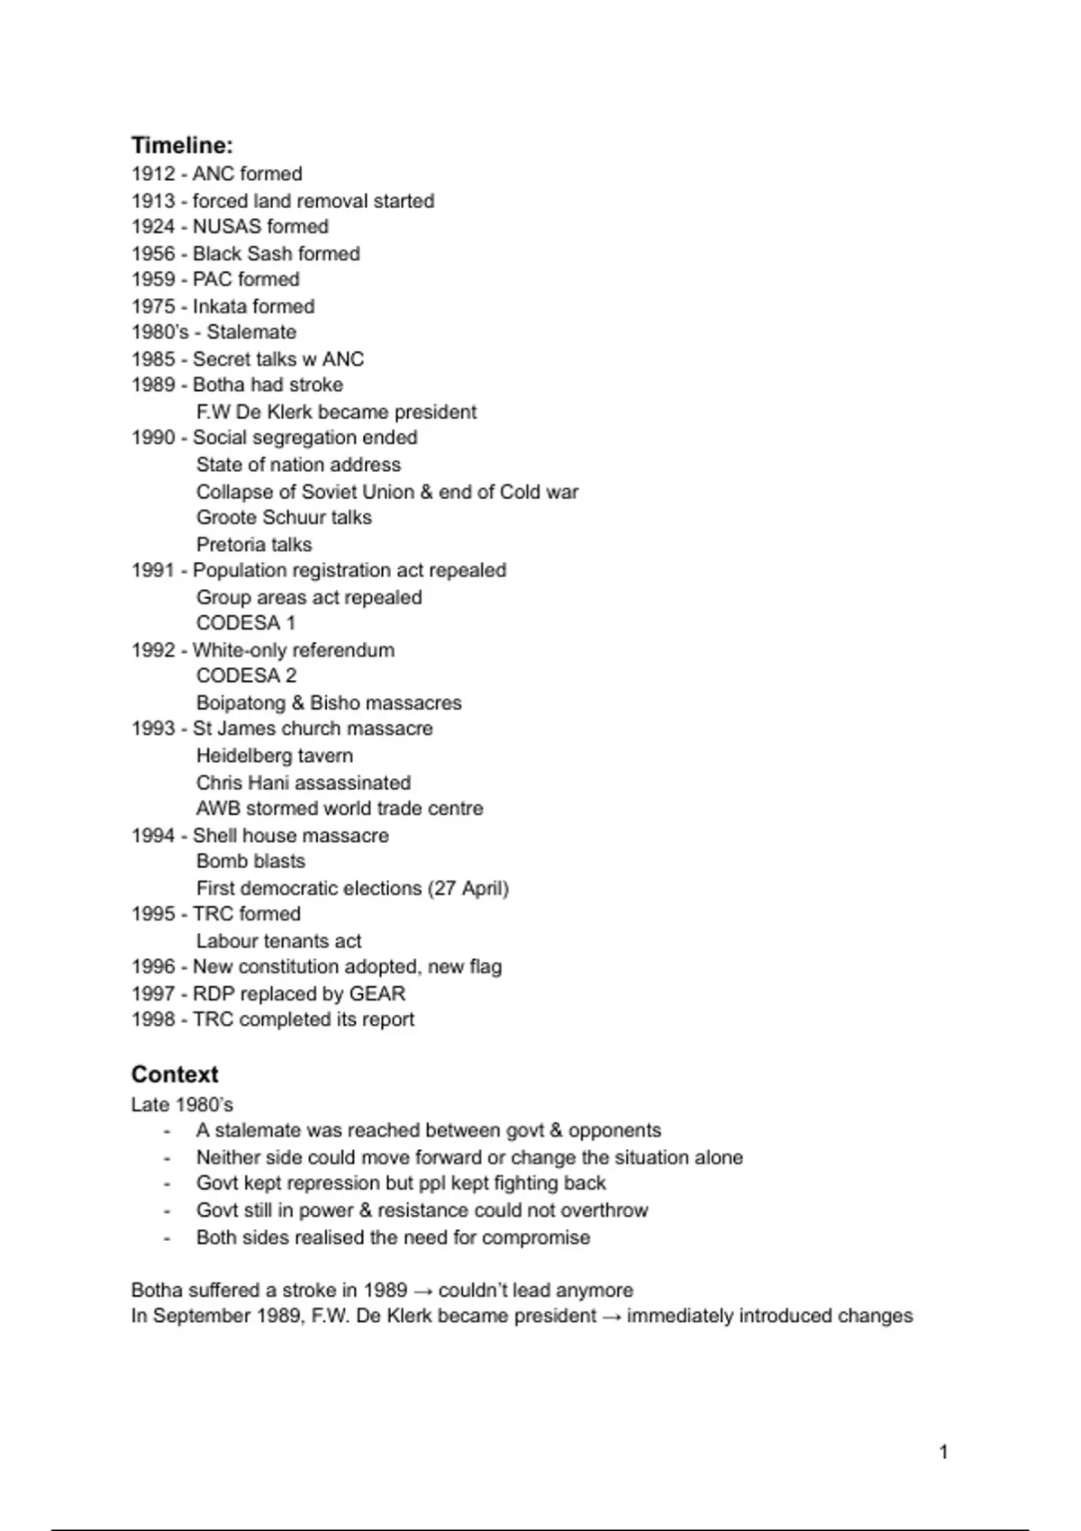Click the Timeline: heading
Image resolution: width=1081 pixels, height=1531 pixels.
(x=182, y=145)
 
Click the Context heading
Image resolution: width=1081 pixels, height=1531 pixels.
(x=175, y=1074)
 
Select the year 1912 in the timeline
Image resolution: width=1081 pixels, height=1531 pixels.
(x=152, y=174)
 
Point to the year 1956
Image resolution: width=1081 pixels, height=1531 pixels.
(x=152, y=254)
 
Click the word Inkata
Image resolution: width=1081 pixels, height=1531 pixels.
(x=220, y=306)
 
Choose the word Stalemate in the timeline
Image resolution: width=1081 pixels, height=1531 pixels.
(x=251, y=332)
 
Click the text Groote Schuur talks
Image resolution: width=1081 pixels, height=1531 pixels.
(x=284, y=518)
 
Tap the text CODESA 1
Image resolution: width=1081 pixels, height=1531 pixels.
(x=246, y=623)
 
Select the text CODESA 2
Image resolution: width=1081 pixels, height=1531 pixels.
(x=246, y=675)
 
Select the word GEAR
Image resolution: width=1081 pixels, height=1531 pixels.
(x=377, y=993)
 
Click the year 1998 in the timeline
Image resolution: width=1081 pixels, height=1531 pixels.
(x=152, y=1019)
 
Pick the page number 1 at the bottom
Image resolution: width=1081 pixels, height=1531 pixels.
(x=943, y=1451)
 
